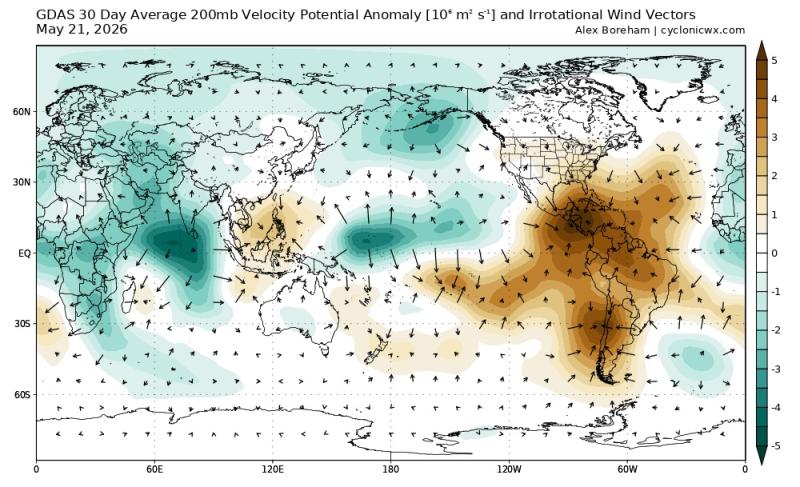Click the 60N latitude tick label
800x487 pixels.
point(22,111)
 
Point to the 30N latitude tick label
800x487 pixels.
point(22,182)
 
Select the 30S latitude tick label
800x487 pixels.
point(22,324)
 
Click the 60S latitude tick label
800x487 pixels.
point(22,395)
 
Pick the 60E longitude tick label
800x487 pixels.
point(154,469)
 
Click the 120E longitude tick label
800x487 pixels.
point(272,469)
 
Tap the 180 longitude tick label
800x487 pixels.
point(390,469)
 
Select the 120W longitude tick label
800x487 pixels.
point(509,469)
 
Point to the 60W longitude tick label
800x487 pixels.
point(627,469)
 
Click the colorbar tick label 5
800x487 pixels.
point(774,61)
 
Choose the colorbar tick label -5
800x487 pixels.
point(776,446)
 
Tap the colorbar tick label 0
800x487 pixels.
point(774,253)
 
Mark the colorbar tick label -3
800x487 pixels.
point(776,369)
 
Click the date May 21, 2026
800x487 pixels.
point(82,30)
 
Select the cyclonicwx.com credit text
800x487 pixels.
point(703,30)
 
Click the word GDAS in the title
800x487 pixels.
point(52,14)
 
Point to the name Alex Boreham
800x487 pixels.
point(612,30)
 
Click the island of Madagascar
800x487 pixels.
point(129,299)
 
